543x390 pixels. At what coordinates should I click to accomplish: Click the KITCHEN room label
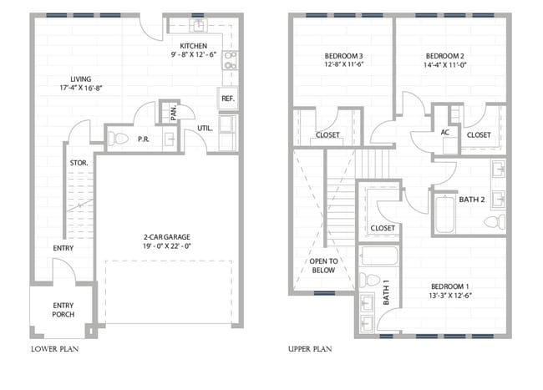[x=193, y=46]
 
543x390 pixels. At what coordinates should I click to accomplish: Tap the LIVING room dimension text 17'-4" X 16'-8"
[x=81, y=88]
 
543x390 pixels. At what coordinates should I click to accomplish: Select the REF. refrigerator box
[x=228, y=99]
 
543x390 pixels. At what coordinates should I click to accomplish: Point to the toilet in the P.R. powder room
[x=119, y=139]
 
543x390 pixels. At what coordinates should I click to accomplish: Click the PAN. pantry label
[x=174, y=113]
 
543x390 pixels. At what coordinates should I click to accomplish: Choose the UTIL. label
[x=205, y=128]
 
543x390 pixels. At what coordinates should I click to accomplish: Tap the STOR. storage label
[x=79, y=163]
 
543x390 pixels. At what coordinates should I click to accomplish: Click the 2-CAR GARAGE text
[x=167, y=237]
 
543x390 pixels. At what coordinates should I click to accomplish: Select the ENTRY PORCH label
[x=63, y=310]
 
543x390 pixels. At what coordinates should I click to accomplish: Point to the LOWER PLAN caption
[x=54, y=349]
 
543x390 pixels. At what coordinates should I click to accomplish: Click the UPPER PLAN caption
[x=310, y=349]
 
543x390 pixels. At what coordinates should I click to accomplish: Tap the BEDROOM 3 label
[x=343, y=56]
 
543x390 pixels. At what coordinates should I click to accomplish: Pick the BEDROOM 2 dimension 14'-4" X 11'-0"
[x=445, y=64]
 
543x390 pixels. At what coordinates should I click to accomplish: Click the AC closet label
[x=445, y=132]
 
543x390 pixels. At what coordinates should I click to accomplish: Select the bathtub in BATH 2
[x=445, y=215]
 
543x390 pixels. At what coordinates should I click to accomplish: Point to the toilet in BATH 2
[x=495, y=221]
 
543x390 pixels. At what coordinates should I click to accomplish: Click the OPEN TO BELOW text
[x=324, y=266]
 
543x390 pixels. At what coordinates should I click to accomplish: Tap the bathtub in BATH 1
[x=379, y=256]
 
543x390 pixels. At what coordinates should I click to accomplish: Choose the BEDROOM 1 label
[x=449, y=286]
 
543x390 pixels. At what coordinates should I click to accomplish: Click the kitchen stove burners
[x=230, y=60]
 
